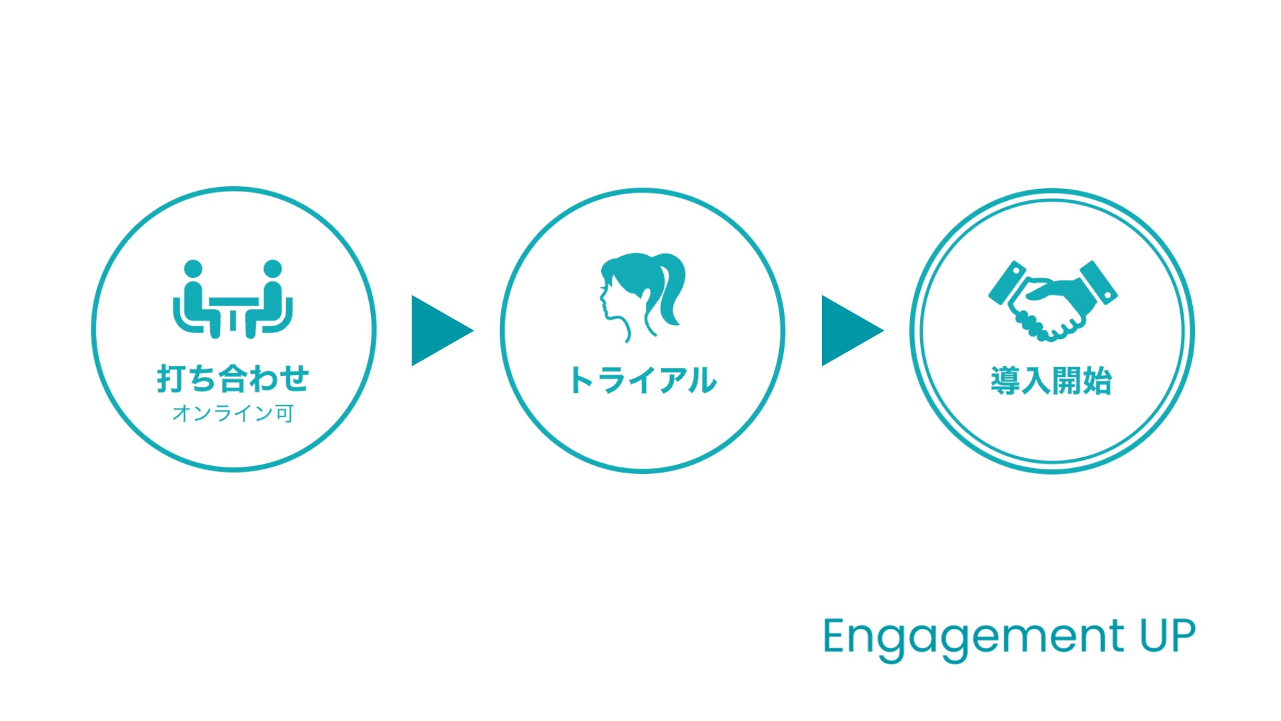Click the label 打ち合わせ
click(x=233, y=379)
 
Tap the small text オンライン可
click(x=233, y=413)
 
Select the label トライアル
click(x=643, y=381)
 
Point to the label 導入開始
click(x=1051, y=381)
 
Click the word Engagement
click(x=973, y=638)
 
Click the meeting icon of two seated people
click(x=233, y=299)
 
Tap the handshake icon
click(x=1052, y=301)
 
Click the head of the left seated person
click(x=193, y=269)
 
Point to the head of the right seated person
click(x=272, y=269)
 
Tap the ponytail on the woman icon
click(x=670, y=287)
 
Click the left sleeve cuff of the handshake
click(x=1007, y=282)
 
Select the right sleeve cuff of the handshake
click(x=1099, y=282)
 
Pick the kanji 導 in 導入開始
click(x=1005, y=381)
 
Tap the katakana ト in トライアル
click(x=580, y=381)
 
